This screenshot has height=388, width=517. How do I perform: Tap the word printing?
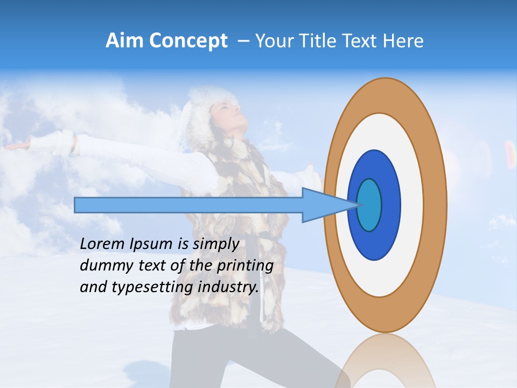click(244, 266)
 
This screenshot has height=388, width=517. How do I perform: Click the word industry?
click(228, 287)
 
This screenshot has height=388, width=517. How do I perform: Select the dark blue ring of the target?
click(390, 205)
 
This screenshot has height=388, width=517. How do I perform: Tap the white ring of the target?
click(412, 205)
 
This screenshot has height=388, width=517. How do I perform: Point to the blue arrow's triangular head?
click(323, 205)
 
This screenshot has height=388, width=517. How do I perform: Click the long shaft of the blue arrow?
click(188, 205)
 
